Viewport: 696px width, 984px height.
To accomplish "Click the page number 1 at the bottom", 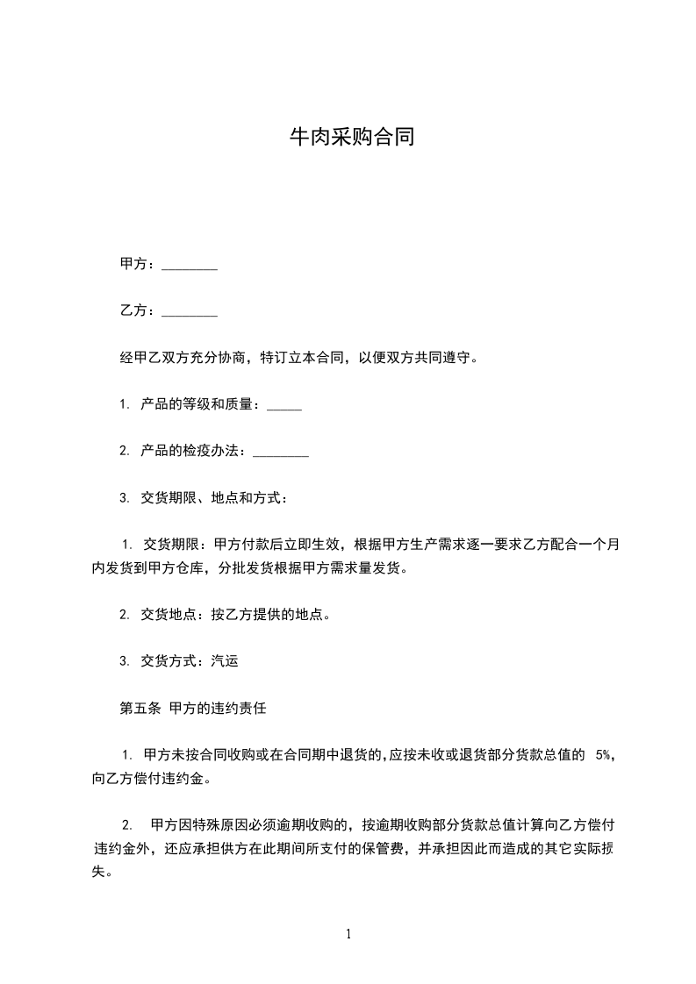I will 348,935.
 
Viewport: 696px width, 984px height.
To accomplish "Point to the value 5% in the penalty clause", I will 603,755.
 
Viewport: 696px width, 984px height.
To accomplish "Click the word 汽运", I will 225,661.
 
